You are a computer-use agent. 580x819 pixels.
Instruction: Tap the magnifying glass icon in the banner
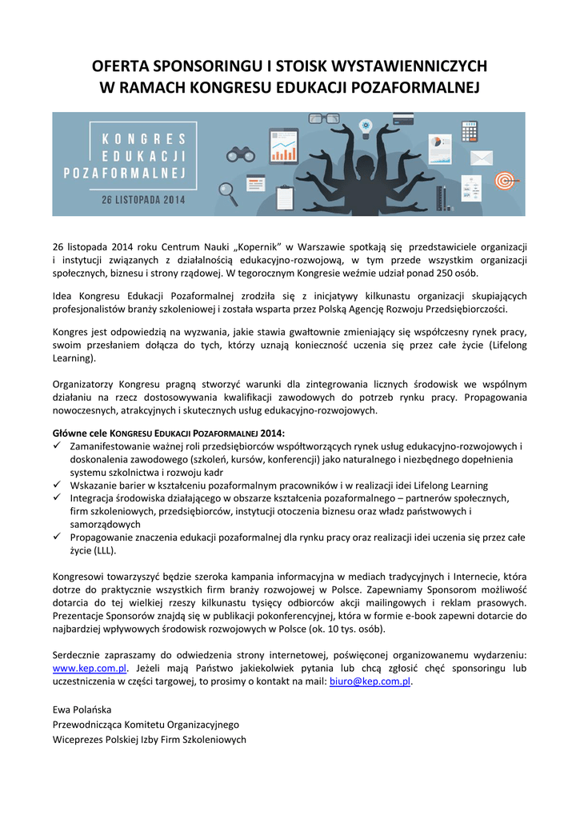(228, 191)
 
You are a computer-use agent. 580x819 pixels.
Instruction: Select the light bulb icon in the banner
(366, 126)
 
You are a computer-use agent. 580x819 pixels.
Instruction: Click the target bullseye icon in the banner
(505, 181)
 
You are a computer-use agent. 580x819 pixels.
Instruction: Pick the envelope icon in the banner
(481, 159)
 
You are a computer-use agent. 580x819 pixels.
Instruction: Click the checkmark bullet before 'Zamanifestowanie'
(58, 445)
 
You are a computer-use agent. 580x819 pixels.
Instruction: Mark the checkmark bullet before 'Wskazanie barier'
(58, 485)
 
